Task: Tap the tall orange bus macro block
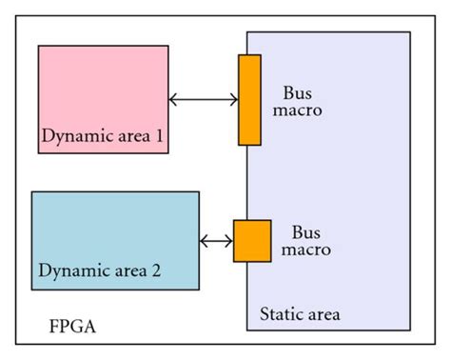coord(249,100)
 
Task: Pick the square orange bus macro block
coord(252,240)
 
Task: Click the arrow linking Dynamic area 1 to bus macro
coord(204,99)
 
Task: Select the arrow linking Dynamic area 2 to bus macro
coord(217,241)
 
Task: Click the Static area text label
coord(299,313)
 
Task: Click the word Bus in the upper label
coord(296,93)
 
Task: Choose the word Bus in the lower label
coord(304,231)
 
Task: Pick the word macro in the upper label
coord(303,111)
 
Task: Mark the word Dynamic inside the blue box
coord(66,271)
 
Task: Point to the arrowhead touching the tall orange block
coord(233,99)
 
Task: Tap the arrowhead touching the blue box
coord(206,241)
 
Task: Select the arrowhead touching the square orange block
coord(228,241)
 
